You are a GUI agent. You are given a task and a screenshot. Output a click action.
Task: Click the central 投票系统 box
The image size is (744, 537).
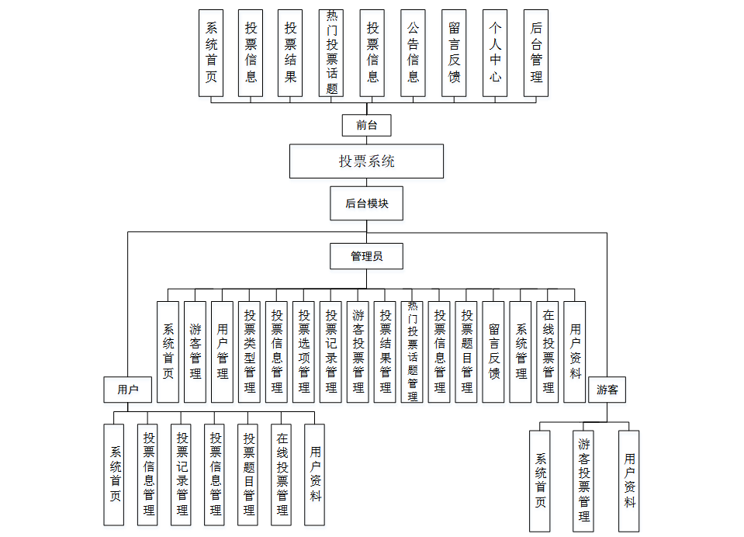pyautogui.click(x=366, y=161)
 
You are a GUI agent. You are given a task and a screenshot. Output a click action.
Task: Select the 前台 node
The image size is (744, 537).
pyautogui.click(x=366, y=125)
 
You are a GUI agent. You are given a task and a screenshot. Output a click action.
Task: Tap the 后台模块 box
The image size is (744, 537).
pyautogui.click(x=366, y=203)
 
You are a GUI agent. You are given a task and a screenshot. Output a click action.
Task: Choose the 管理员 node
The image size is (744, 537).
pyautogui.click(x=366, y=256)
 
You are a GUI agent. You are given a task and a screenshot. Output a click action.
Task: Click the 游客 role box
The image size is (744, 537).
pyautogui.click(x=607, y=390)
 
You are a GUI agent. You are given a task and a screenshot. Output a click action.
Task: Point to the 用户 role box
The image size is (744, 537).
pyautogui.click(x=127, y=390)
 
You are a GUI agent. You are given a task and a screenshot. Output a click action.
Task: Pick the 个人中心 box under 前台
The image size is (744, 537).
pyautogui.click(x=495, y=53)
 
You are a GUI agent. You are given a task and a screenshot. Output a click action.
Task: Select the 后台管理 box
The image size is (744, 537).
pyautogui.click(x=535, y=53)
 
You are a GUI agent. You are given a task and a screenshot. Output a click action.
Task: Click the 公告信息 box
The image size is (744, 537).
pyautogui.click(x=413, y=53)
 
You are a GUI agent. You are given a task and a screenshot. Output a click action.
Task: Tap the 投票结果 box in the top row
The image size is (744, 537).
pyautogui.click(x=290, y=53)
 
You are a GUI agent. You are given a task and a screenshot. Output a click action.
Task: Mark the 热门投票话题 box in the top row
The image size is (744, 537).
pyautogui.click(x=331, y=53)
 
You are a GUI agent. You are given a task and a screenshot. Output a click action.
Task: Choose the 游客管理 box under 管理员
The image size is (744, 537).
pyautogui.click(x=195, y=352)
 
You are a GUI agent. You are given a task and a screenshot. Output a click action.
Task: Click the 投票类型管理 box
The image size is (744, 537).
pyautogui.click(x=250, y=352)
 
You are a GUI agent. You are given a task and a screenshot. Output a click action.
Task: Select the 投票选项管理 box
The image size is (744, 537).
pyautogui.click(x=304, y=352)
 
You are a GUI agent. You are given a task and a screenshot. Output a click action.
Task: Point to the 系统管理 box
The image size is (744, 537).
pyautogui.click(x=521, y=352)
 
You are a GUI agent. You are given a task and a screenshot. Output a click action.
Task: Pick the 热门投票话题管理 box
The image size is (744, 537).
pyautogui.click(x=413, y=352)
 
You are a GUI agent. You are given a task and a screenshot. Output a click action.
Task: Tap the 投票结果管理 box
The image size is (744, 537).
pyautogui.click(x=386, y=352)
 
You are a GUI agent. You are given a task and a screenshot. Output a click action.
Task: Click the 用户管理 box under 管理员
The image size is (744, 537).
pyautogui.click(x=223, y=352)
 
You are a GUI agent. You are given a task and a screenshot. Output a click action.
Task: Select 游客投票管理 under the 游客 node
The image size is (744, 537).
pyautogui.click(x=583, y=480)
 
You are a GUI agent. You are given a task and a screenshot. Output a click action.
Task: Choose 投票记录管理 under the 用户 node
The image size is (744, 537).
pyautogui.click(x=182, y=474)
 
